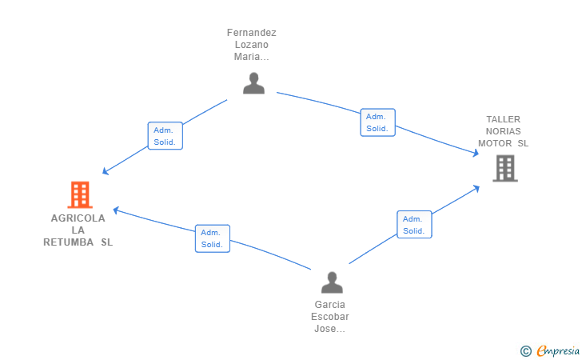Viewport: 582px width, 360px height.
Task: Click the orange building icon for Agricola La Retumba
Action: click(x=80, y=194)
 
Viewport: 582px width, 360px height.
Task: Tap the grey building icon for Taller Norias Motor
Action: click(x=505, y=168)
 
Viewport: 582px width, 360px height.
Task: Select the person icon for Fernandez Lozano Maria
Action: click(x=254, y=83)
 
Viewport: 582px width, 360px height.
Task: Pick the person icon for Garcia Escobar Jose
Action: click(x=332, y=282)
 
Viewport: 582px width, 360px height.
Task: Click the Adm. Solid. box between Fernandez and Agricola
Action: click(x=165, y=136)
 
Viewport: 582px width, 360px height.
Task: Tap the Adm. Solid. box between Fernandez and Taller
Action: click(x=378, y=122)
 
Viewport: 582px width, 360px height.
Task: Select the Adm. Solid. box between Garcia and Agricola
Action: click(x=213, y=238)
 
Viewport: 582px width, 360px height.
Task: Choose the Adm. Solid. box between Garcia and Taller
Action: click(x=414, y=224)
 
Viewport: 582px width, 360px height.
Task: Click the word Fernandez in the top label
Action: click(x=252, y=33)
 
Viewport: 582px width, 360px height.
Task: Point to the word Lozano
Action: click(x=252, y=45)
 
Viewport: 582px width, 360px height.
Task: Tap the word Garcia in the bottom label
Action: click(x=330, y=305)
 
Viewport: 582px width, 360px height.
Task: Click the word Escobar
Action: click(x=330, y=317)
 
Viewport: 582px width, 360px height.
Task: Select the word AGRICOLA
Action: click(x=78, y=218)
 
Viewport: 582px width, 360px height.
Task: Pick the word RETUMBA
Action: click(x=68, y=242)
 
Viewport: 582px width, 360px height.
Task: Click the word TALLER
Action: click(x=504, y=119)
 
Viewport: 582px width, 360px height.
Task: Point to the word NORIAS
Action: click(x=504, y=131)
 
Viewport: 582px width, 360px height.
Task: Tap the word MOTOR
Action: click(x=495, y=143)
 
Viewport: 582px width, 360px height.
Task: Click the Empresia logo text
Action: click(x=558, y=350)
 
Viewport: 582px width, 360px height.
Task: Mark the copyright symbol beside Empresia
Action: click(x=525, y=351)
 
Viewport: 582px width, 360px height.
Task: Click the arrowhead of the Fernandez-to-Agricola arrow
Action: click(x=105, y=171)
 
